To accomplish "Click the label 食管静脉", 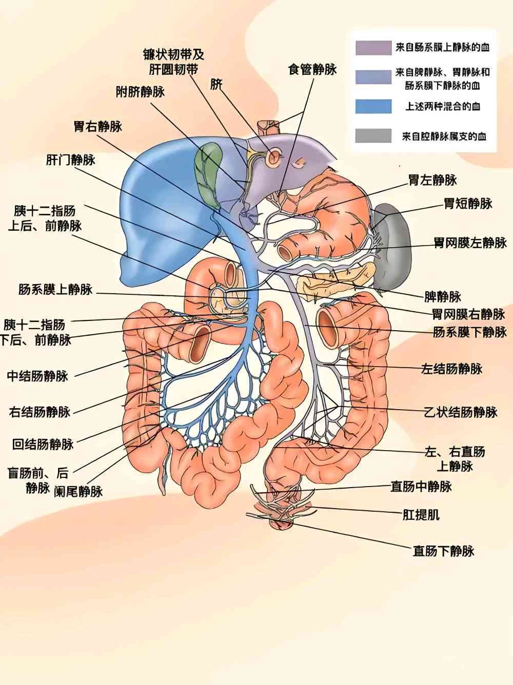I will tap(312, 69).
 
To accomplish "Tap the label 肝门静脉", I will tap(71, 160).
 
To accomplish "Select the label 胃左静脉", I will tap(432, 180).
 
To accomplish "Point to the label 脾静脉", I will tap(442, 297).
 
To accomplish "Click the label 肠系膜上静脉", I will tap(55, 290).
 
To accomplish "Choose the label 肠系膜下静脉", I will tap(469, 332).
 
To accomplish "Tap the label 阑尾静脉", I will tap(78, 492).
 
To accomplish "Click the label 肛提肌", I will tap(421, 515).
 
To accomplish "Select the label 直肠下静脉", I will tap(443, 551).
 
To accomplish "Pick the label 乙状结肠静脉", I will tap(460, 412).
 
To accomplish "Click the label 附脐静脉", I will tap(140, 92).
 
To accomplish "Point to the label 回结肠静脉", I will tap(43, 444).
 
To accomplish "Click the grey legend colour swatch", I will tap(373, 136).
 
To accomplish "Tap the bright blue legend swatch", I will tap(373, 106).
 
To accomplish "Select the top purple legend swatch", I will tap(373, 48).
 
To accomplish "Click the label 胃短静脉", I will tap(468, 204).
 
